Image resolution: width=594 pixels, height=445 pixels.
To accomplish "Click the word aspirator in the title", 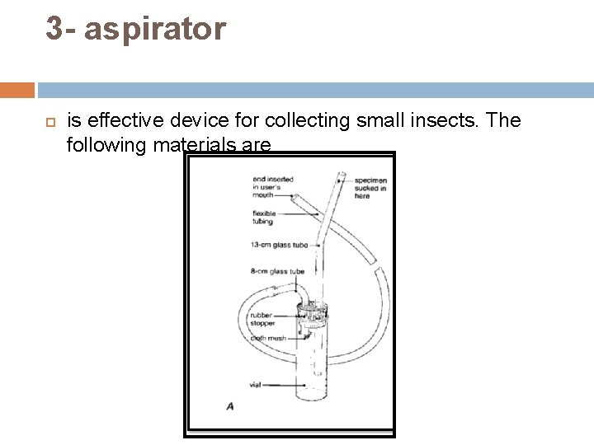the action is click(154, 29).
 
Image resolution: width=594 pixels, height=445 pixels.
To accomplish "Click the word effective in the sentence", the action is click(117, 120).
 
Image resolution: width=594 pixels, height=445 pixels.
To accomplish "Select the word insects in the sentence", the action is click(448, 120).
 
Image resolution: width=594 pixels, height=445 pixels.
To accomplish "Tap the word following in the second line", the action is click(104, 145).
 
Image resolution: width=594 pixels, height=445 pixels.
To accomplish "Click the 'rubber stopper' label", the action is click(263, 319).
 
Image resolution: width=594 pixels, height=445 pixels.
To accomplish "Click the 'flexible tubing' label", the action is click(263, 217).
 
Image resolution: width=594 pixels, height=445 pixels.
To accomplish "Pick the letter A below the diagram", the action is click(229, 406).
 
